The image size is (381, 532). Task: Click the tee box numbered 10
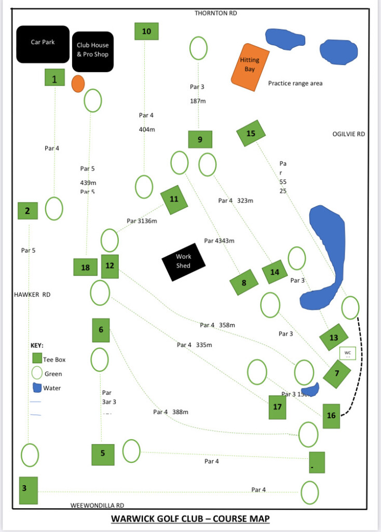tap(146, 31)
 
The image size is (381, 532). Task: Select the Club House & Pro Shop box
tap(93, 50)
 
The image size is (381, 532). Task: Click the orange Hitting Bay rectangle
tap(250, 67)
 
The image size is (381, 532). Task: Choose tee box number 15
tap(251, 134)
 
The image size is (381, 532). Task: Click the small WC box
tap(347, 353)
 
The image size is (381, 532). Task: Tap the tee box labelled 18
tap(86, 268)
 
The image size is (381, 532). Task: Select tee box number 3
tap(28, 490)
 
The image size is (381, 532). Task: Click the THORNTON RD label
tap(215, 13)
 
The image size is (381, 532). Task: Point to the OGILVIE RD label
tap(348, 134)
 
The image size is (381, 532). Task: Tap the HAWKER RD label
tap(32, 295)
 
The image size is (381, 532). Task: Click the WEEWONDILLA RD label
tap(97, 505)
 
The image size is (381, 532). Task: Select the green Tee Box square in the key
tap(37, 358)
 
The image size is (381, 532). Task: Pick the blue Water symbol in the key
tap(36, 388)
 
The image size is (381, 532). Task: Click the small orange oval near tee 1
tap(78, 84)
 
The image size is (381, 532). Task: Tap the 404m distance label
tap(147, 129)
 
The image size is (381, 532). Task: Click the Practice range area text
tap(295, 83)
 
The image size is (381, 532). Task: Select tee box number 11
tap(174, 199)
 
